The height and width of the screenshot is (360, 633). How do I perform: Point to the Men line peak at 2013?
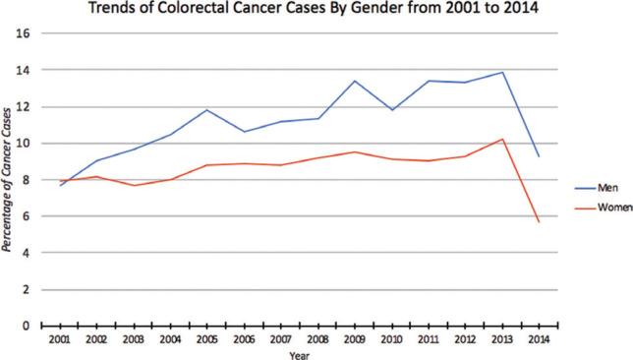pos(503,72)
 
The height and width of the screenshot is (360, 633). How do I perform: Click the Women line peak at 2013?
pos(503,139)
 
